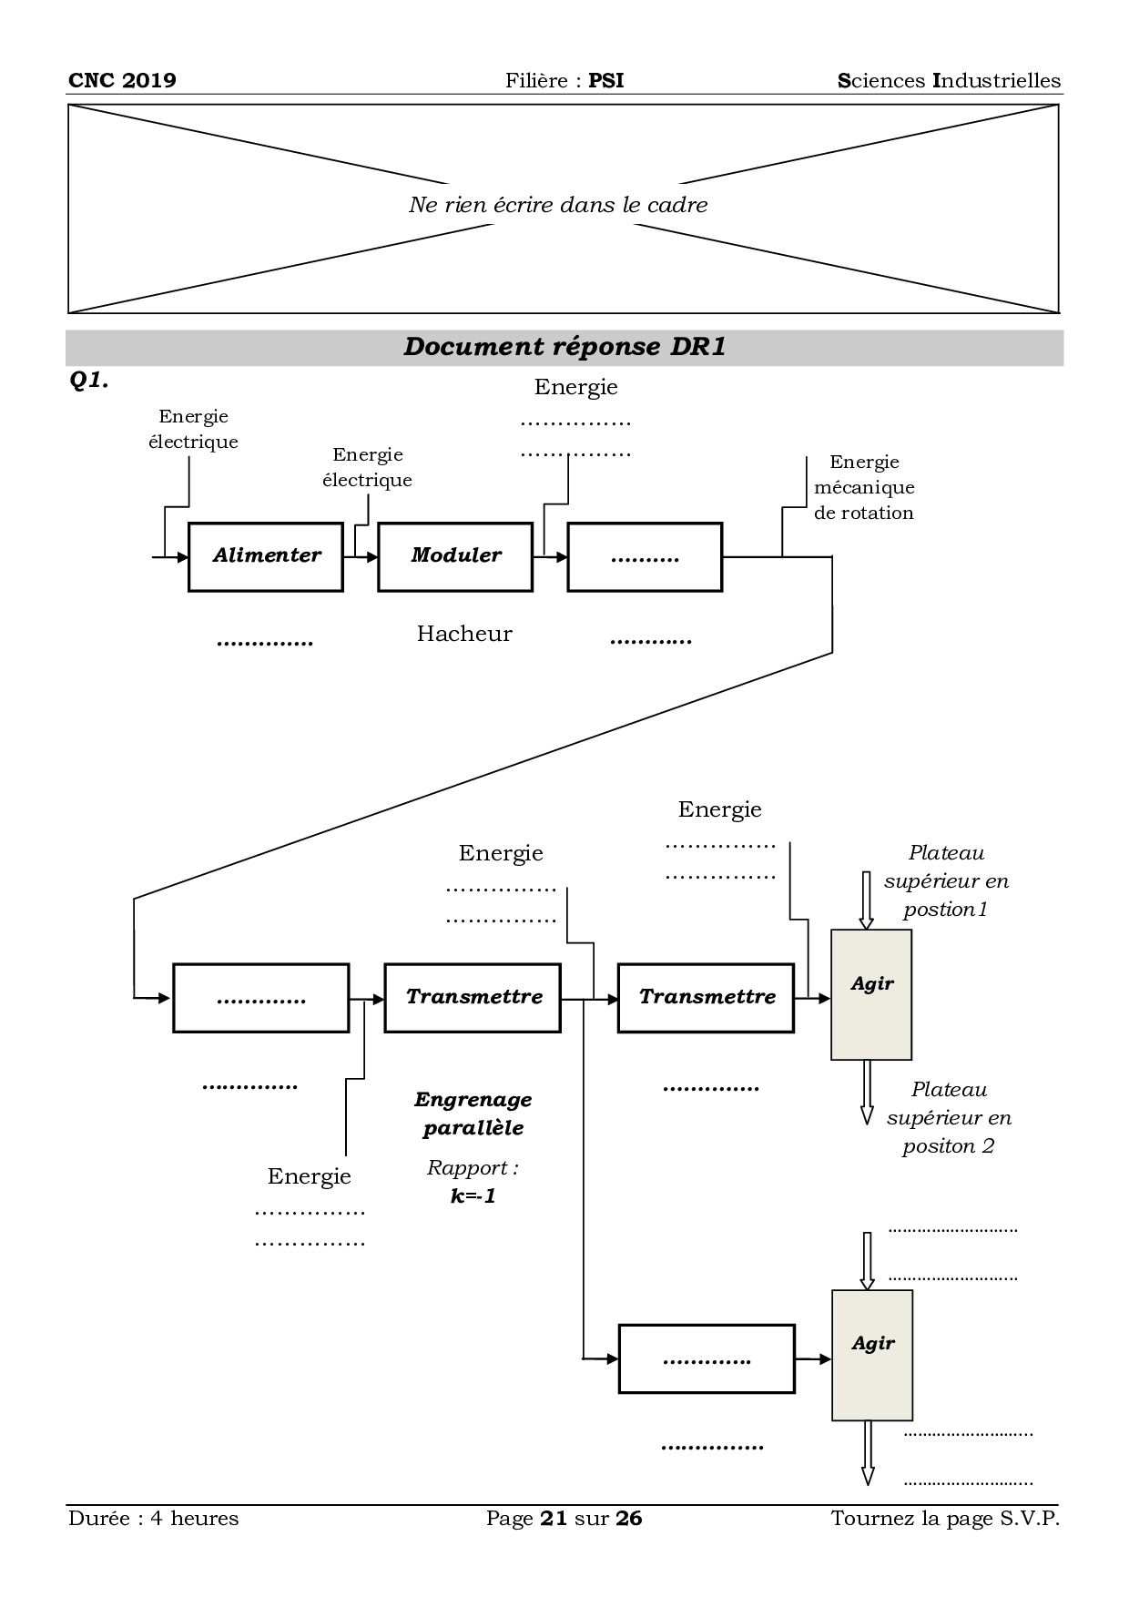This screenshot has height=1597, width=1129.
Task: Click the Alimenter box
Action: point(266,556)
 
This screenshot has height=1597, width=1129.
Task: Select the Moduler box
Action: point(455,556)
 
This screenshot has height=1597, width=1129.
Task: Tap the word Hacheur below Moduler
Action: point(464,634)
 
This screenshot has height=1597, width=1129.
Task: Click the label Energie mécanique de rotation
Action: point(864,487)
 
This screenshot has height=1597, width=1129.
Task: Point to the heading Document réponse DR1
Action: point(564,347)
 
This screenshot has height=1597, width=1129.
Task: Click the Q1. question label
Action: point(89,381)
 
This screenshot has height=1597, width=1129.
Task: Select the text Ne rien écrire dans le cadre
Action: point(558,205)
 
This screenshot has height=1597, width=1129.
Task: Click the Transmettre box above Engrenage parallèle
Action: point(473,997)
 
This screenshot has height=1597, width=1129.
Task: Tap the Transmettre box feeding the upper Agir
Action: point(706,997)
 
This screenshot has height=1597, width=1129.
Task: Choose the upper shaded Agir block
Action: point(871,994)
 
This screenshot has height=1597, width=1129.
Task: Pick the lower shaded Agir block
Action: point(872,1355)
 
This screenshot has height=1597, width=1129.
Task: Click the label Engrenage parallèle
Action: point(473,1114)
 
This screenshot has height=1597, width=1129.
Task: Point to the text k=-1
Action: point(473,1196)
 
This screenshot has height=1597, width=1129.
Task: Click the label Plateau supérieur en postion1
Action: point(947,880)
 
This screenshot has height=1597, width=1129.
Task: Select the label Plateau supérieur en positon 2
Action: point(949,1117)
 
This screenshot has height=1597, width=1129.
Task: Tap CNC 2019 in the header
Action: point(122,80)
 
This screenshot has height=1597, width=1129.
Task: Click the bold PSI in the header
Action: point(606,80)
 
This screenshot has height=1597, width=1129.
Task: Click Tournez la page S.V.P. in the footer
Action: point(945,1518)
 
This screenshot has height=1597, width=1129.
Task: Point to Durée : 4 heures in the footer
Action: point(153,1518)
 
